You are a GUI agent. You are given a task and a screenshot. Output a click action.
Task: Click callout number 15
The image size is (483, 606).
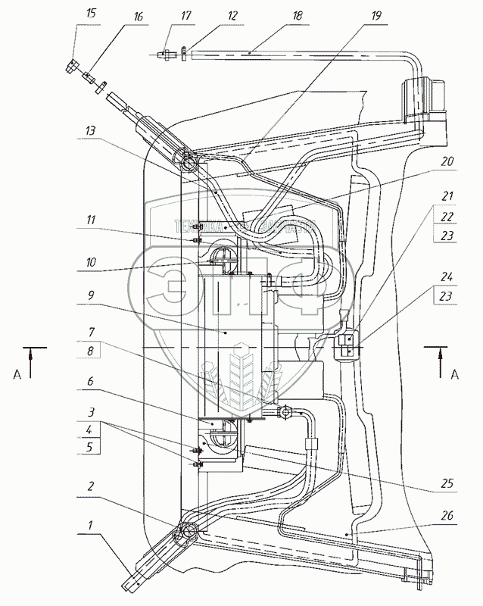tap(91, 14)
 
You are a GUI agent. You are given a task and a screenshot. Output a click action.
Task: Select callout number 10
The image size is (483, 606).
tap(91, 264)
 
